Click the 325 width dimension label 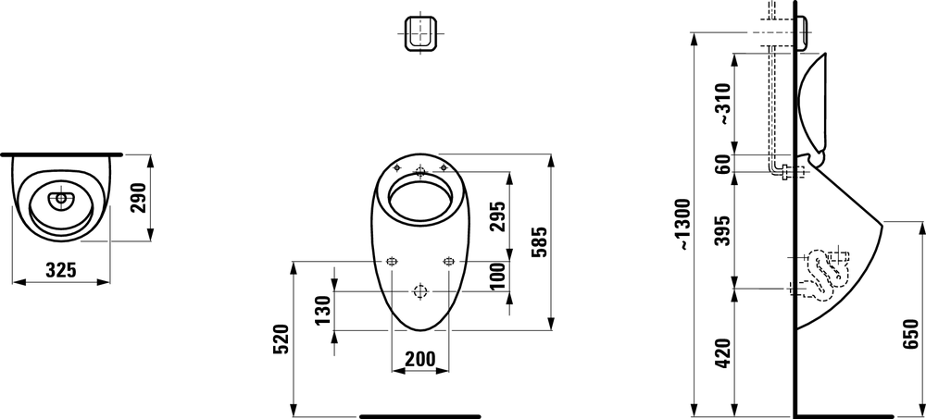pyautogui.click(x=61, y=270)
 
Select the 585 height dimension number pyautogui.click(x=541, y=242)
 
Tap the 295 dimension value pyautogui.click(x=500, y=216)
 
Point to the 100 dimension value pyautogui.click(x=500, y=276)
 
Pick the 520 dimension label pyautogui.click(x=282, y=339)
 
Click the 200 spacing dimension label pyautogui.click(x=419, y=358)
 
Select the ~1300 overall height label pyautogui.click(x=683, y=224)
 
